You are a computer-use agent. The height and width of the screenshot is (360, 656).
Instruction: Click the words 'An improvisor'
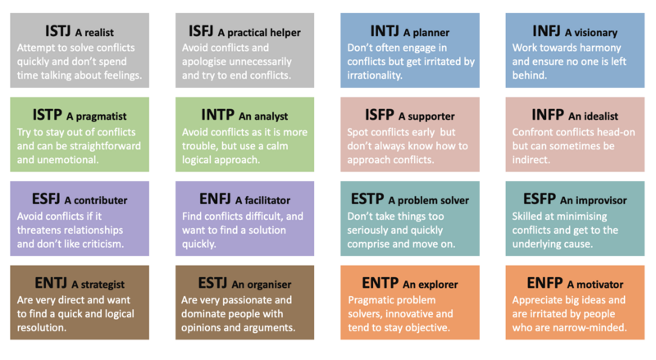coord(592,200)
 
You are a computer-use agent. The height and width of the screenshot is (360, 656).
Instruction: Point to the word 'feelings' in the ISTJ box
coord(119,75)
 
